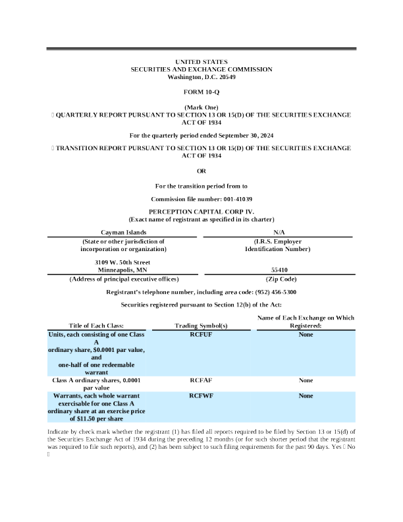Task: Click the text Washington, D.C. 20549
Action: [201, 77]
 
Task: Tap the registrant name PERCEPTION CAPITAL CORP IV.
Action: [201, 212]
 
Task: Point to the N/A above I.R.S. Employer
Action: [278, 233]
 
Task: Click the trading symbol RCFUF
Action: [201, 335]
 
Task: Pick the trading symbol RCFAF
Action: [201, 380]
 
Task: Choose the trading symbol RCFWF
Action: [201, 395]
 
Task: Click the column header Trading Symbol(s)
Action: [201, 326]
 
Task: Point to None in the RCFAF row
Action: [306, 380]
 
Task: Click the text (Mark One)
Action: [201, 107]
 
